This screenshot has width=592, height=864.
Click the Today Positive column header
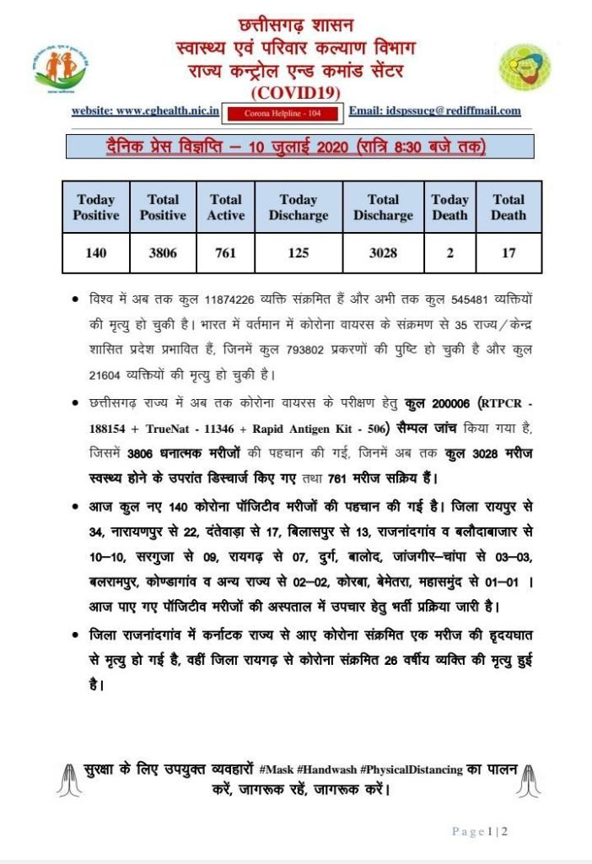(x=95, y=208)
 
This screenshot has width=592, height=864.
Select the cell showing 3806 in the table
(x=163, y=252)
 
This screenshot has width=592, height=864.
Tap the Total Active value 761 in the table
(x=225, y=252)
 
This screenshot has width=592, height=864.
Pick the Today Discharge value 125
(x=298, y=252)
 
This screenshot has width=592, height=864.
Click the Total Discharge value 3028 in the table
(x=383, y=252)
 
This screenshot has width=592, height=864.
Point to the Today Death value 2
(x=449, y=252)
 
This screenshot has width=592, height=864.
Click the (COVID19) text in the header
(x=295, y=91)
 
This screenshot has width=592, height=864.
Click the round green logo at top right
(x=525, y=68)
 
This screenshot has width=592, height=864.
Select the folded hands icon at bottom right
(x=527, y=780)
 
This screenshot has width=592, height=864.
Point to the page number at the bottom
(x=479, y=831)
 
